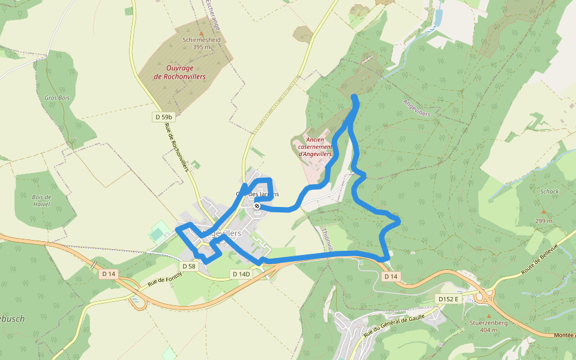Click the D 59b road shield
click(164, 117)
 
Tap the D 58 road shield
click(188, 266)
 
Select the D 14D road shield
click(241, 274)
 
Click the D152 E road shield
click(448, 298)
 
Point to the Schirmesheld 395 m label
click(202, 43)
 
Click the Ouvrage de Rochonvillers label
click(180, 73)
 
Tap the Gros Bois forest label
click(57, 97)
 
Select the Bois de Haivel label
click(42, 200)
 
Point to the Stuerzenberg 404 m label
click(489, 326)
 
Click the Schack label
click(549, 191)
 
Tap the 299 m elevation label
click(544, 221)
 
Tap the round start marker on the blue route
click(257, 206)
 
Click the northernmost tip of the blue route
click(354, 97)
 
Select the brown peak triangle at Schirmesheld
click(202, 34)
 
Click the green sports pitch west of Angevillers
click(159, 232)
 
